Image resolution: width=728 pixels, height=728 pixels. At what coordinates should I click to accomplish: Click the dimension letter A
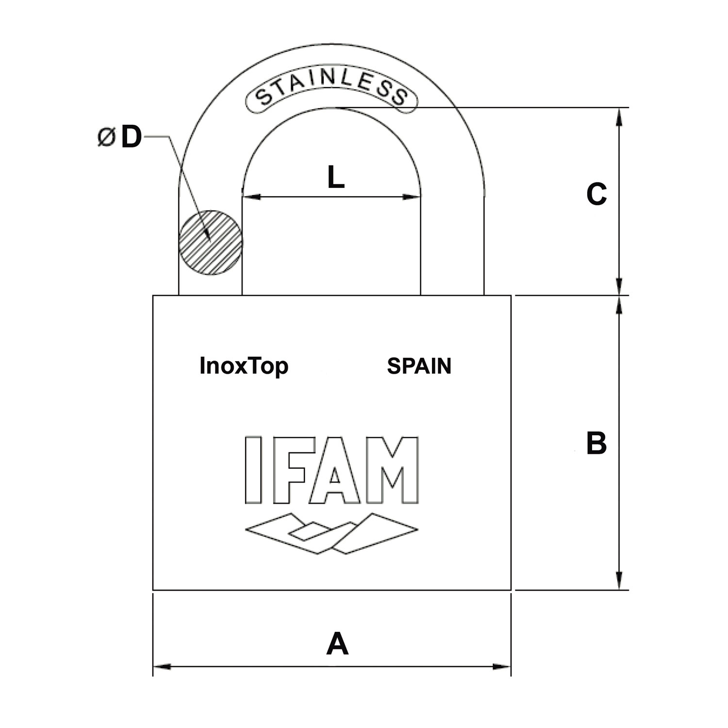pos(337,644)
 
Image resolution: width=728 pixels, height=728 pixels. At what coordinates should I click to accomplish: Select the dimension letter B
pos(596,443)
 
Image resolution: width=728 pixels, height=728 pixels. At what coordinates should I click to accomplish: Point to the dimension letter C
pos(596,195)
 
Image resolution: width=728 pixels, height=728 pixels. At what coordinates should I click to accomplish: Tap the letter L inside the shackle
pos(336,178)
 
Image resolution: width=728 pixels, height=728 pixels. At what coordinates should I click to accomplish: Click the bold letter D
pos(131,137)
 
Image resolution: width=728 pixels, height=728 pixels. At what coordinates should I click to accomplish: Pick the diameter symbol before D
pos(106,137)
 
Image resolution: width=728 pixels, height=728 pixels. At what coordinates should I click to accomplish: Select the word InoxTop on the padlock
pos(244,366)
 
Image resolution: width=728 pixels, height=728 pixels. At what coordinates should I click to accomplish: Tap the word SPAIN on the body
pos(419,366)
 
